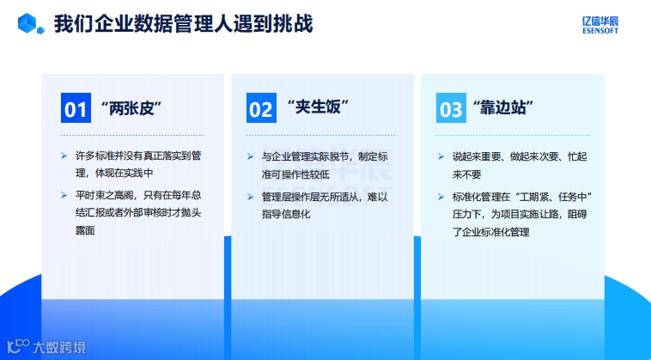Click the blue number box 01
coord(76,108)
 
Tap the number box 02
coord(262,108)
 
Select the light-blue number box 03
coord(451,108)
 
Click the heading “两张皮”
coord(131,108)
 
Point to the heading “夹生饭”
coord(318,107)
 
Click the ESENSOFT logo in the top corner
coord(600,25)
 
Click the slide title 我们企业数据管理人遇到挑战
coord(183,24)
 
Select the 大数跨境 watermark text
coord(59,348)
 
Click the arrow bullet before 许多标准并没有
coord(64,156)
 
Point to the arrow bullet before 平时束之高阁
coord(64,195)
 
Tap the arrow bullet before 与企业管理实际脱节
coord(250,156)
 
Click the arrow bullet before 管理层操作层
coord(250,197)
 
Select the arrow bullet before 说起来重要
coord(441,156)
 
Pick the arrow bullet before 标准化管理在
coord(441,197)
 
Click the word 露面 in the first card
coord(85,230)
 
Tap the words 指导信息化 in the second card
coord(286,214)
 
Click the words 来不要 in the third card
coord(466,174)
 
